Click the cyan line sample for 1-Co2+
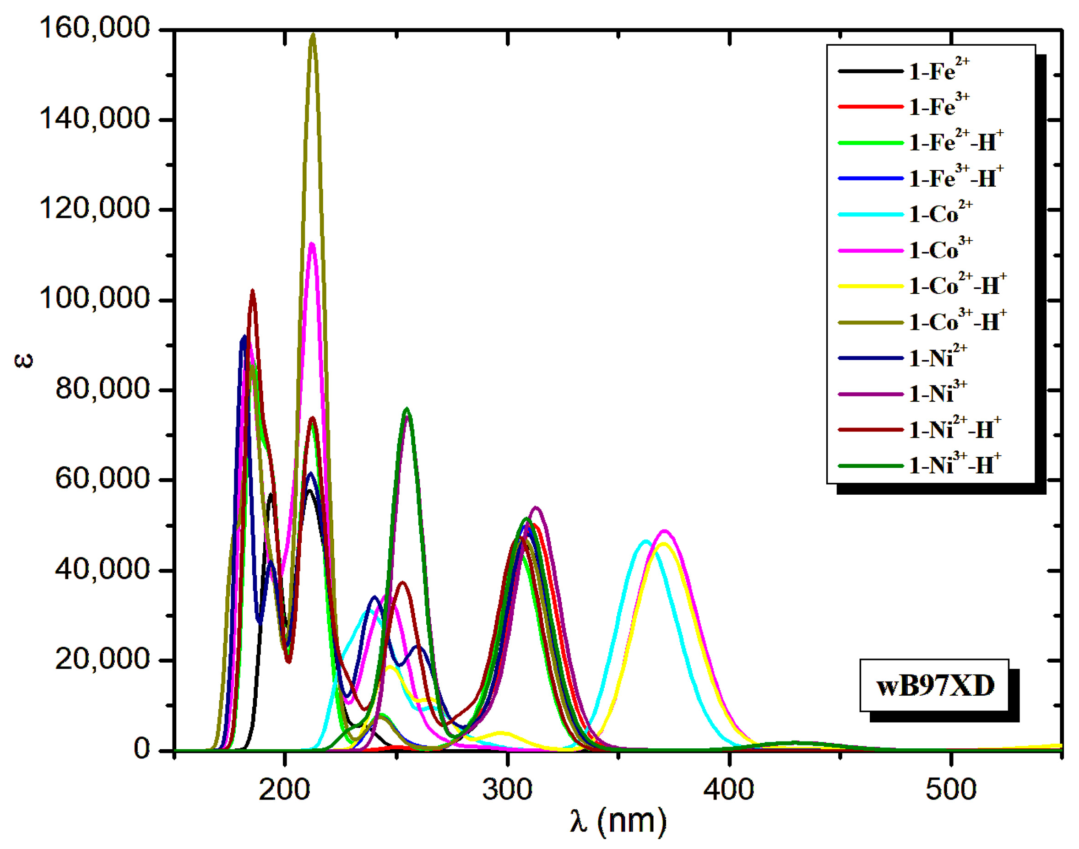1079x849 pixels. click(870, 214)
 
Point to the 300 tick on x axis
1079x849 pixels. click(507, 790)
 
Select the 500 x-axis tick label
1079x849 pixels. click(950, 790)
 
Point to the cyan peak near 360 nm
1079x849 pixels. click(645, 541)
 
